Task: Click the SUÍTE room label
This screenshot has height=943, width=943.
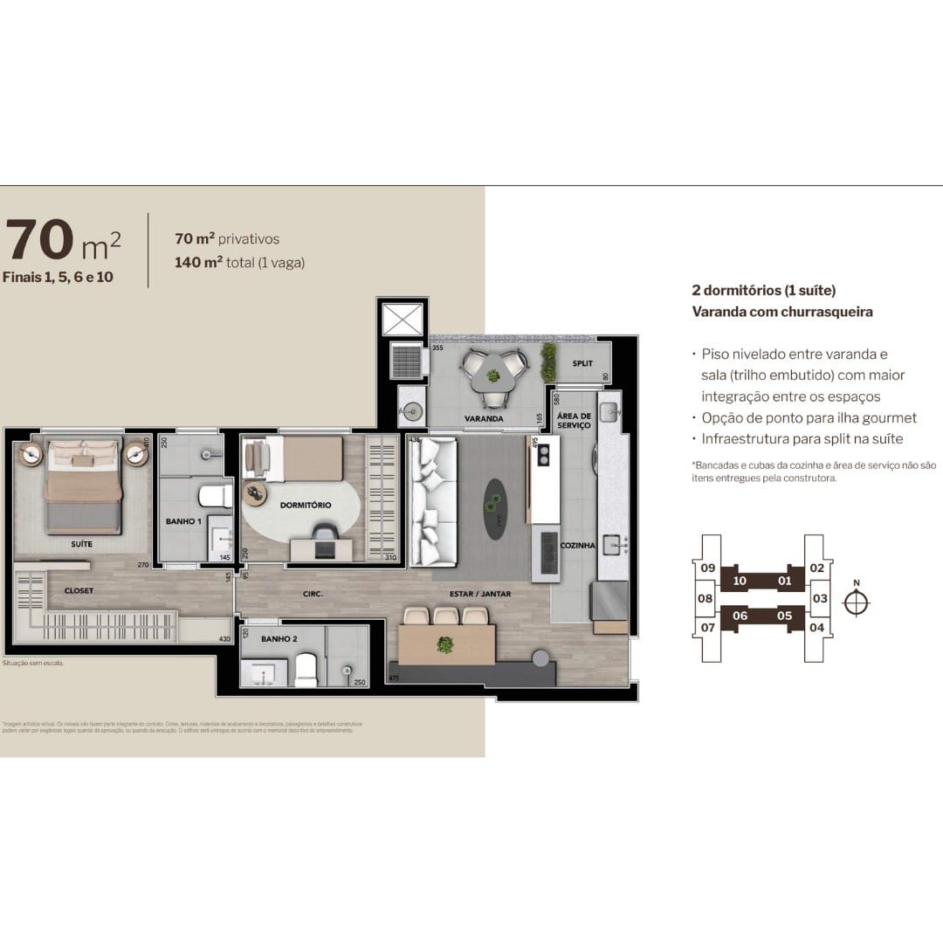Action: point(82,544)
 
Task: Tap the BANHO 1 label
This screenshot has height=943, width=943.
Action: point(183,521)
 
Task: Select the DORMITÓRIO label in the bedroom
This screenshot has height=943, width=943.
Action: point(306,505)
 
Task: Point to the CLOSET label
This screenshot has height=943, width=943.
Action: point(79,591)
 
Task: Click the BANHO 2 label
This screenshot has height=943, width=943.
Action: point(279,639)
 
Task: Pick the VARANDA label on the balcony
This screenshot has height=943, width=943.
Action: point(484,418)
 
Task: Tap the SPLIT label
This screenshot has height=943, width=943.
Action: point(582,363)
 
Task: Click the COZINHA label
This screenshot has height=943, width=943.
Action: point(579,546)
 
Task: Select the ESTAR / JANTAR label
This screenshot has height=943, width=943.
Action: point(480,594)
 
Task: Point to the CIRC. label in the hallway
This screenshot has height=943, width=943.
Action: point(313,594)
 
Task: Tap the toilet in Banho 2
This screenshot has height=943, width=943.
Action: point(306,669)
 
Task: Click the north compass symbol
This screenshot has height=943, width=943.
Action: point(858,602)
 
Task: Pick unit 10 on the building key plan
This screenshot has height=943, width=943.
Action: point(739,581)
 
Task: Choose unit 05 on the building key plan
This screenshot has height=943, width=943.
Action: point(783,616)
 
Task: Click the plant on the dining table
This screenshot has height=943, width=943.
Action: point(445,645)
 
